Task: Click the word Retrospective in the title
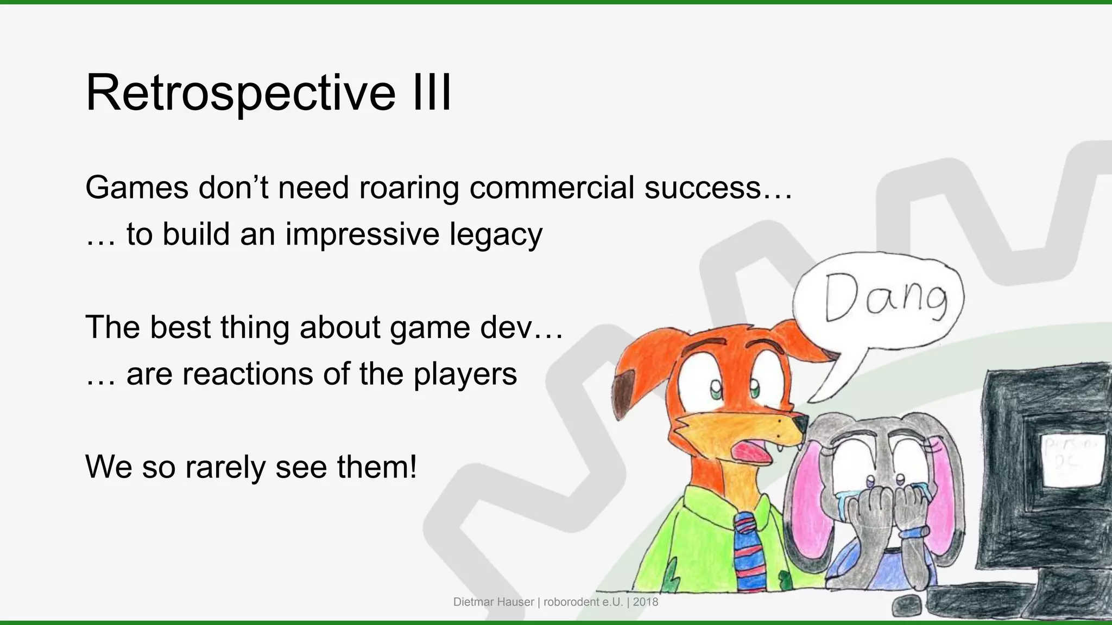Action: coord(241,93)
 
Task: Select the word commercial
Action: coord(552,188)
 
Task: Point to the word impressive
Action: coord(362,234)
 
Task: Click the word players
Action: coord(465,374)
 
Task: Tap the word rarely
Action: coord(225,467)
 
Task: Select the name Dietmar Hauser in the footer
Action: coord(494,602)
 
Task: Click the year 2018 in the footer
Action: coord(645,602)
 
